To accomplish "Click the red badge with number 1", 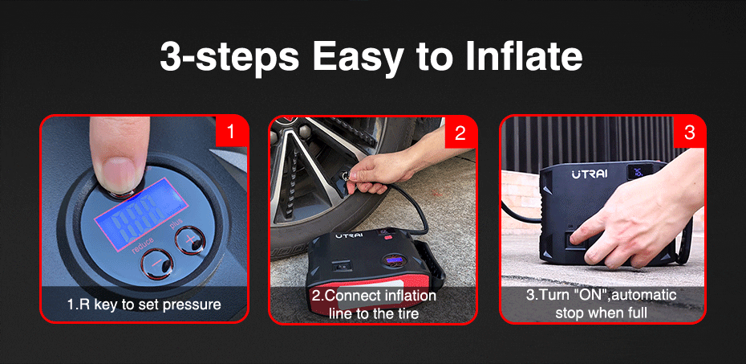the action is [231, 132].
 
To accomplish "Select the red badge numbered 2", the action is [460, 132].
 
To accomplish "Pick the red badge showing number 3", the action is [689, 132].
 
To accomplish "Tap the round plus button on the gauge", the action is [190, 239].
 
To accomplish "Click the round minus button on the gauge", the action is [157, 264].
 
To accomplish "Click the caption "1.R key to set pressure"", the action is [144, 305].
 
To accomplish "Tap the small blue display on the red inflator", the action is [394, 260].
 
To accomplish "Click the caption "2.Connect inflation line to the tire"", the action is [374, 305].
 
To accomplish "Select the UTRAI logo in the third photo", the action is [590, 174].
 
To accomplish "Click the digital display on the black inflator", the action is [638, 171].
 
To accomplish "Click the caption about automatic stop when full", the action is [601, 304].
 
